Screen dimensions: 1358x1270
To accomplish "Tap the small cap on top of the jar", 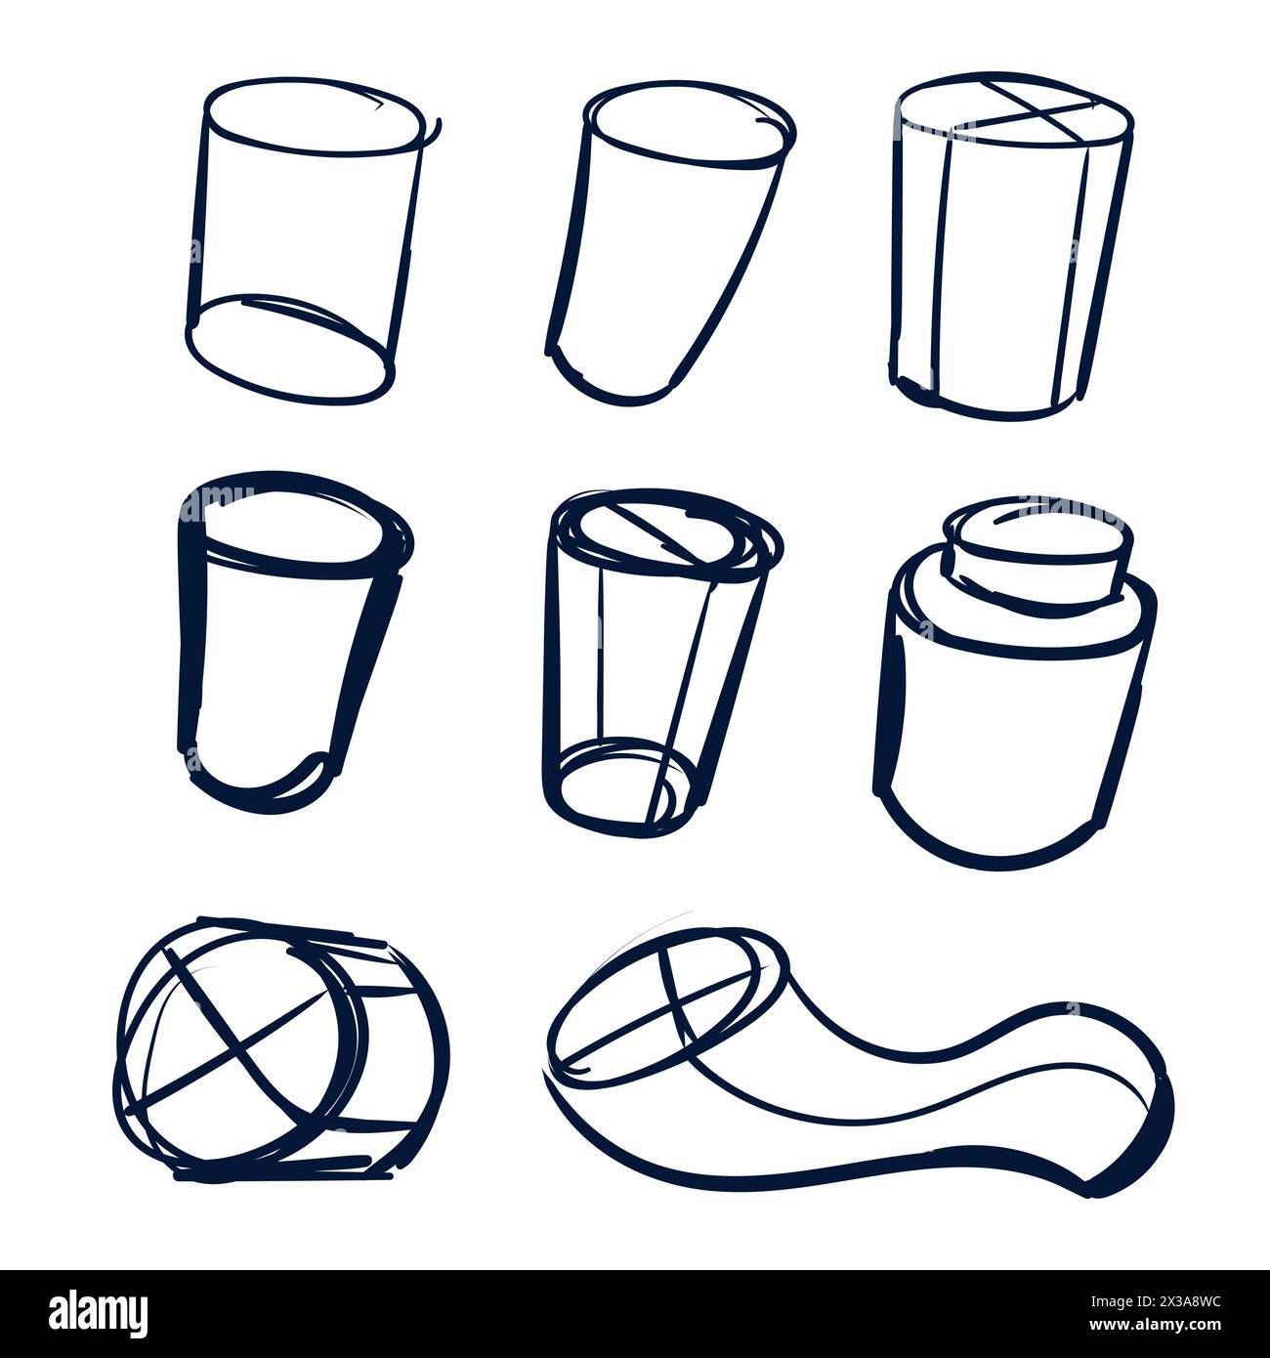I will [1038, 552].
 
